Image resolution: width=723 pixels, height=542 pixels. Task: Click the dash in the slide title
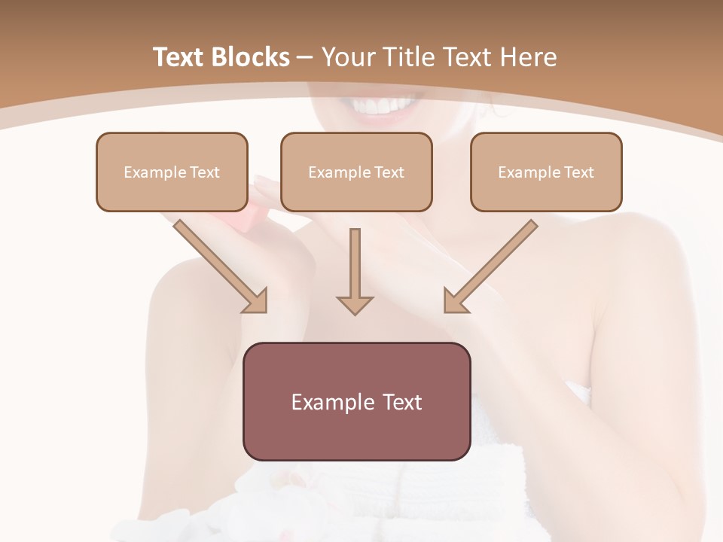(305, 58)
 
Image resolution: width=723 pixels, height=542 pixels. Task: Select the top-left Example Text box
(172, 172)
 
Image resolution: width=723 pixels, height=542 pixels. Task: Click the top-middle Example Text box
(356, 172)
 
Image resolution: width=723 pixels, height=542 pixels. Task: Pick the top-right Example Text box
(546, 172)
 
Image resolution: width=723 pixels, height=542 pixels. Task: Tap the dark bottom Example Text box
(356, 401)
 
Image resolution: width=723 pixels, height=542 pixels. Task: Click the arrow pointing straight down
(355, 271)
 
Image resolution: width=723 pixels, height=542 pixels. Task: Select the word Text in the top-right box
(578, 172)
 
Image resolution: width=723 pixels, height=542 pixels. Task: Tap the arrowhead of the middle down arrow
(355, 304)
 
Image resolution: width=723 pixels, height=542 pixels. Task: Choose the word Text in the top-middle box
(389, 172)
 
